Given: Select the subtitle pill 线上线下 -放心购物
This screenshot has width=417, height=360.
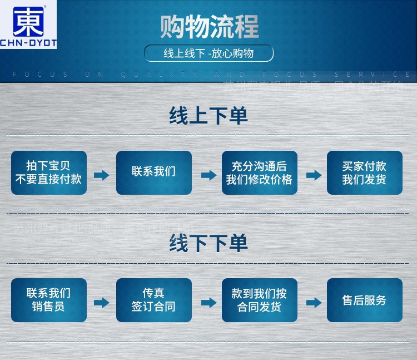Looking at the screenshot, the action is pos(209,53).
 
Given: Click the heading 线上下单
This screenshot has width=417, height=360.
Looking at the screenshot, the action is pos(209,116).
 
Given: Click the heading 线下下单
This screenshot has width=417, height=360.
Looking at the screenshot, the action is pos(209,243).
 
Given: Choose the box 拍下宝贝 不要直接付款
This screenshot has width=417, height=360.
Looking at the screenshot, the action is pos(49,172).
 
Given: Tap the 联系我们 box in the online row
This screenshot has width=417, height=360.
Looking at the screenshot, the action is pos(154,172).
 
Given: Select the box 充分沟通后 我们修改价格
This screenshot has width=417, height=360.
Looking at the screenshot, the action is pos(259,172).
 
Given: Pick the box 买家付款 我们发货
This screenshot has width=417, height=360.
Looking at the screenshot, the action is pos(364,172).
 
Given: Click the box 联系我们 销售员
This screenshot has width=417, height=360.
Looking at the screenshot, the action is pos(49,300).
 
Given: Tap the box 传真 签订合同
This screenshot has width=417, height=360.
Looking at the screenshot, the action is pos(154,300).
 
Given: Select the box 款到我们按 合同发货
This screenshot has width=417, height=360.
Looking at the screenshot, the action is pos(259,300).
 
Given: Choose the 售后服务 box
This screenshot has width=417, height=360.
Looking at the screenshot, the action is pos(364,300).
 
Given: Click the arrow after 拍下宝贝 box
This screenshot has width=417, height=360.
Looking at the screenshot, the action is pos(101,175).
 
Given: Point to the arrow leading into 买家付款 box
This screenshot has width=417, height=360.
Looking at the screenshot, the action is pos(314,175).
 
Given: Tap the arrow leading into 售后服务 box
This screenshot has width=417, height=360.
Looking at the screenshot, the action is pos(314,303).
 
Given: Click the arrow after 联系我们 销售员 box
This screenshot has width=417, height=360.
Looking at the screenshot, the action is pos(101,303).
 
